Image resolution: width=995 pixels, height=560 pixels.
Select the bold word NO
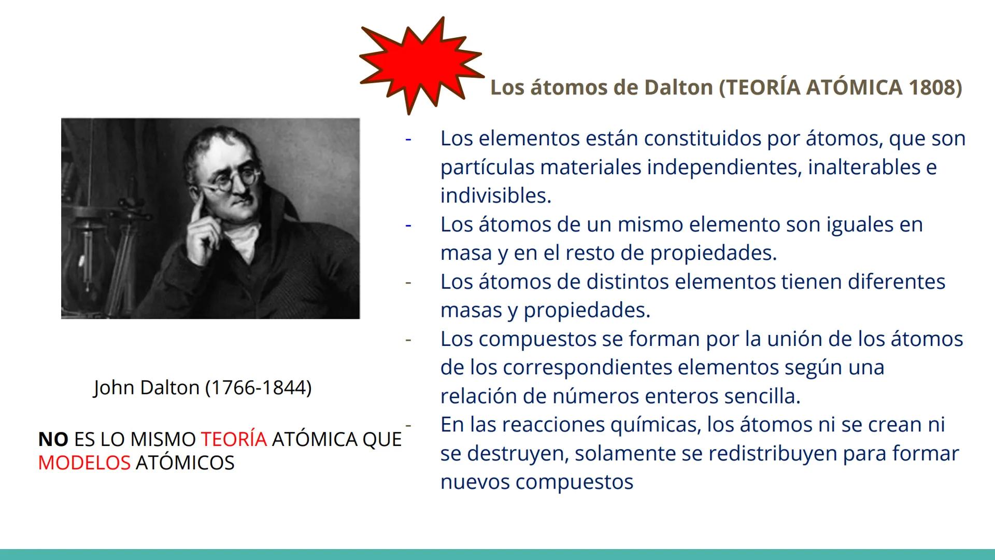[53, 439]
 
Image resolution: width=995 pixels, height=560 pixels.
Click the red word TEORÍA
[234, 439]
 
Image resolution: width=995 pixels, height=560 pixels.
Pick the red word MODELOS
[84, 463]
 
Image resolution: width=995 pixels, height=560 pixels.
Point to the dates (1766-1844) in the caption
[258, 387]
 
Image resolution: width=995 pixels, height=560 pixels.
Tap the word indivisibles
[495, 195]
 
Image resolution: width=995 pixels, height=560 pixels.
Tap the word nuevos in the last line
[475, 482]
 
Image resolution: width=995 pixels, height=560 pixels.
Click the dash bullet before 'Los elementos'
[408, 139]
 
